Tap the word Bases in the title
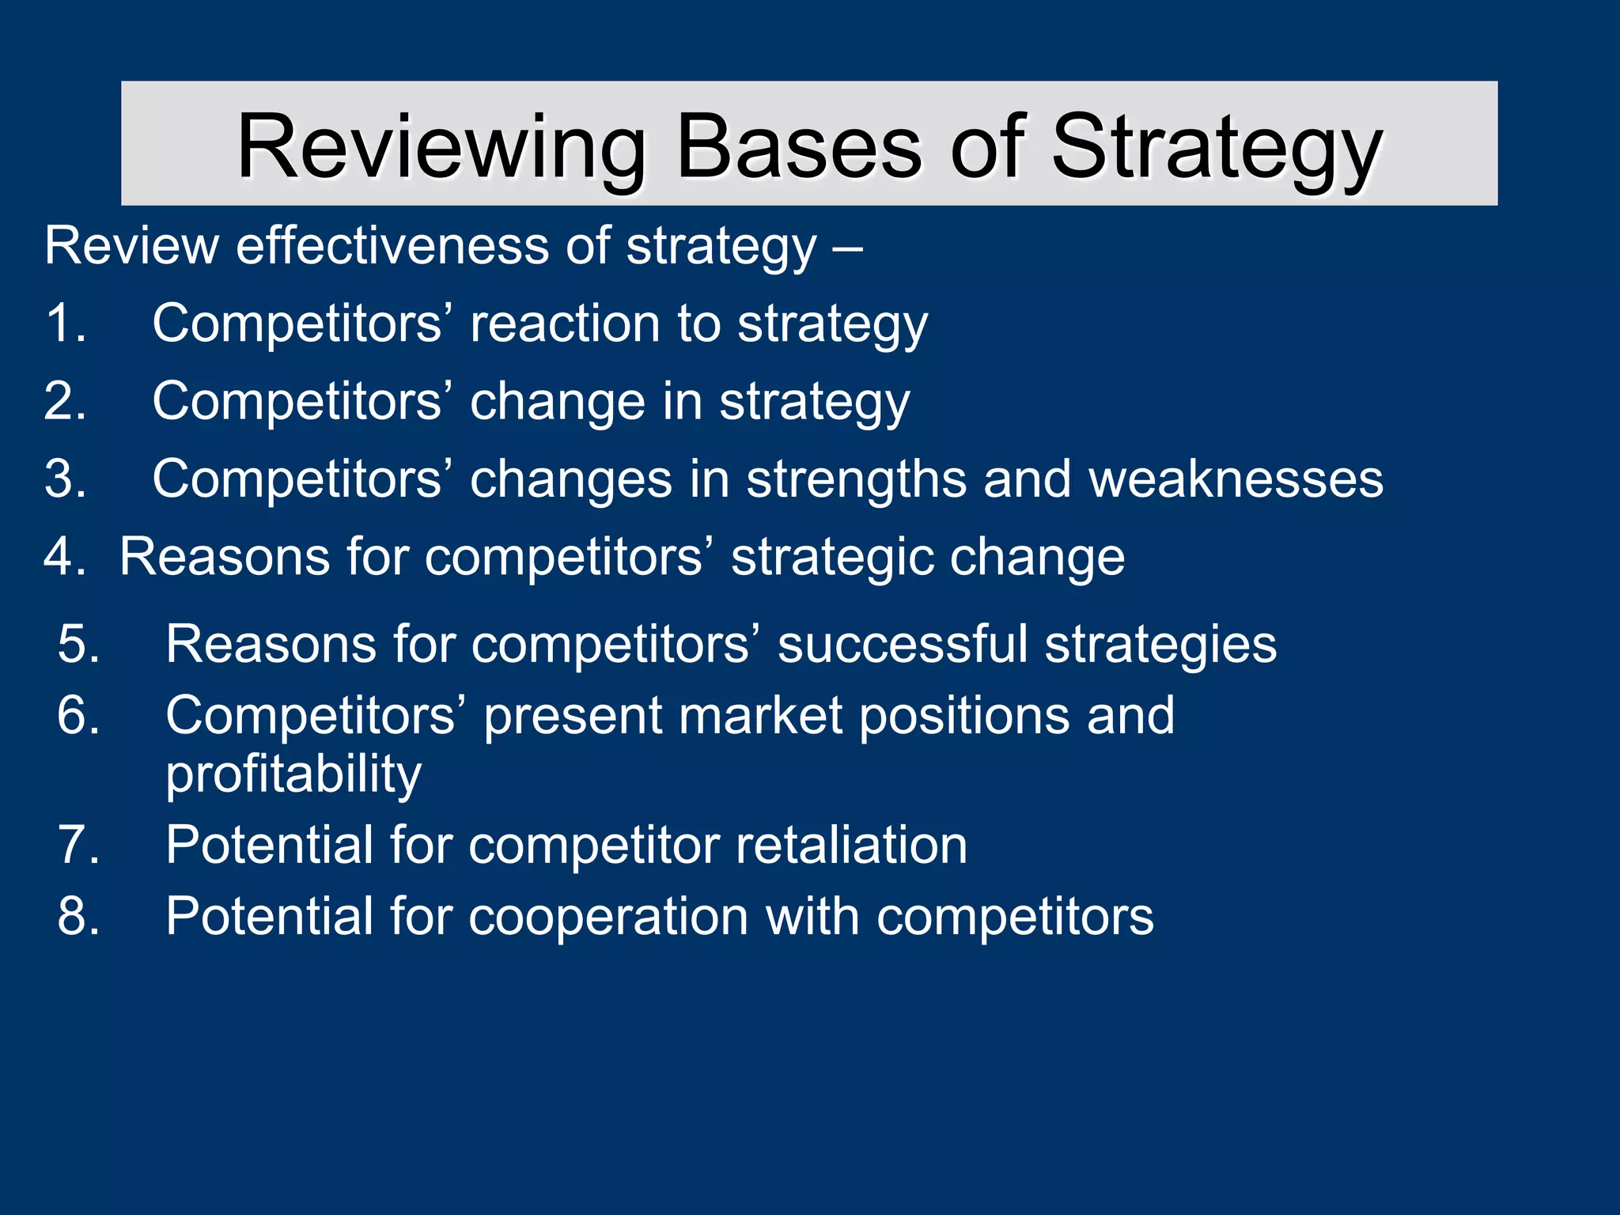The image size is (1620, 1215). click(798, 147)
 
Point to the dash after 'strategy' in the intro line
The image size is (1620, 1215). click(847, 248)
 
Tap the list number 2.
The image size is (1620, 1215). click(65, 401)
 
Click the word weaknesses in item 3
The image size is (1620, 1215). click(1236, 479)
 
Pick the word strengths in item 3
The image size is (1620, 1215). click(857, 479)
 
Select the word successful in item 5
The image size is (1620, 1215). click(903, 644)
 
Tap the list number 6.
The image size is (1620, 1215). click(78, 716)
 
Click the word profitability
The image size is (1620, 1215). click(293, 774)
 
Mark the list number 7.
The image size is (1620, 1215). click(78, 846)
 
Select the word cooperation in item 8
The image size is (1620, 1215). click(607, 918)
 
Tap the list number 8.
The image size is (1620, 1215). click(78, 917)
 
